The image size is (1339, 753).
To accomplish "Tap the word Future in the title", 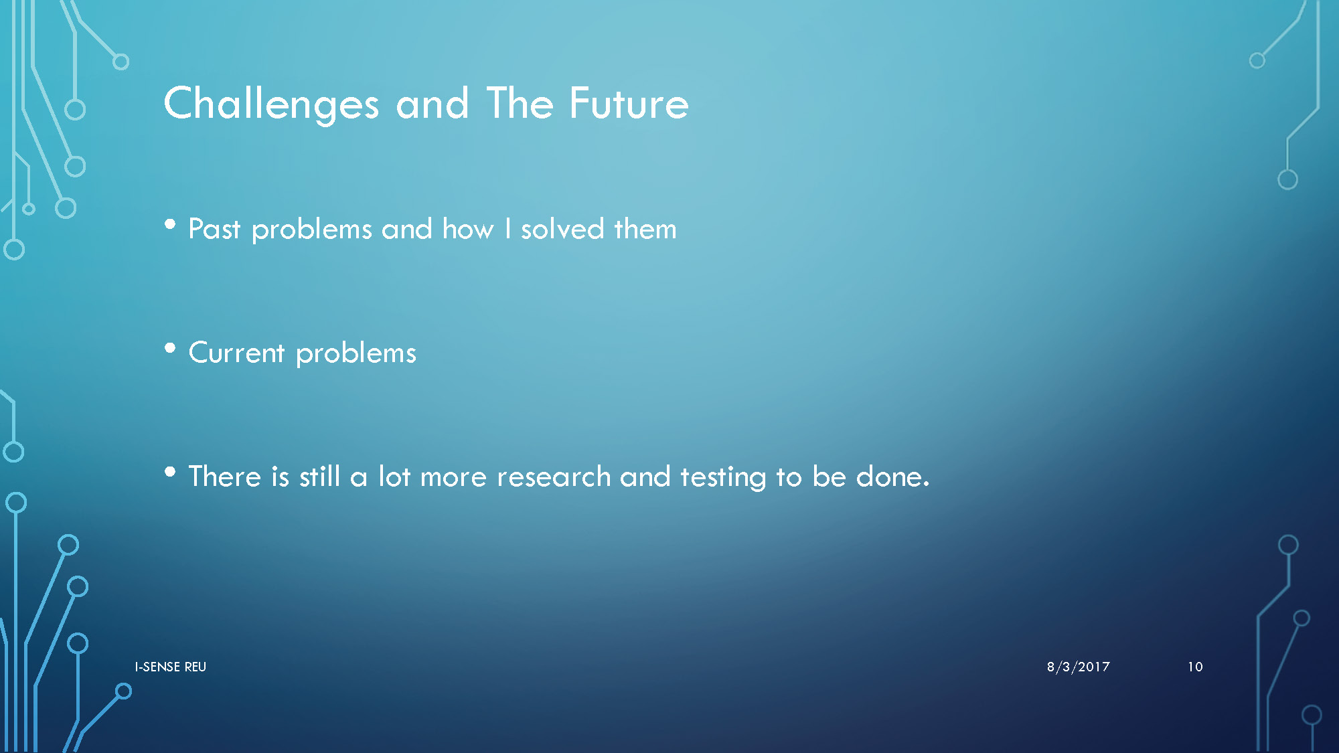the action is point(629,103).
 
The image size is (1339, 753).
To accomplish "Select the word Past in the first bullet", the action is point(214,229).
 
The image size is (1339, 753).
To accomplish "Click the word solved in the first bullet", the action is point(563,229).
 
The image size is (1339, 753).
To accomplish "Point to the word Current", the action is point(237,353).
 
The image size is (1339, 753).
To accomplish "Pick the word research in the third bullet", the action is point(554,477).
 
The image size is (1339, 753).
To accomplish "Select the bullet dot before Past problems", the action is point(170,225).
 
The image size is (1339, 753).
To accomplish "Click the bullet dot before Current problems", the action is point(170,348).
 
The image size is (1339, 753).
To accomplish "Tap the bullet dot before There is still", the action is point(170,472).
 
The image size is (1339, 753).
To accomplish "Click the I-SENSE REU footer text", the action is point(171,667).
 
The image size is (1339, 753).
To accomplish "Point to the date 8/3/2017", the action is point(1079,667).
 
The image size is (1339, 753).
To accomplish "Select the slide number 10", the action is point(1195,667).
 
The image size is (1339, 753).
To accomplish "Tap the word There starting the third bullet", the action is point(225,477).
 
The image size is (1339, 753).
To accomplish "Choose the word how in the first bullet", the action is point(468,229).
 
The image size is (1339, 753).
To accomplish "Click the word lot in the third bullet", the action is point(394,477).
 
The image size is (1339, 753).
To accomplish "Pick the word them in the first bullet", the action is point(645,229).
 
